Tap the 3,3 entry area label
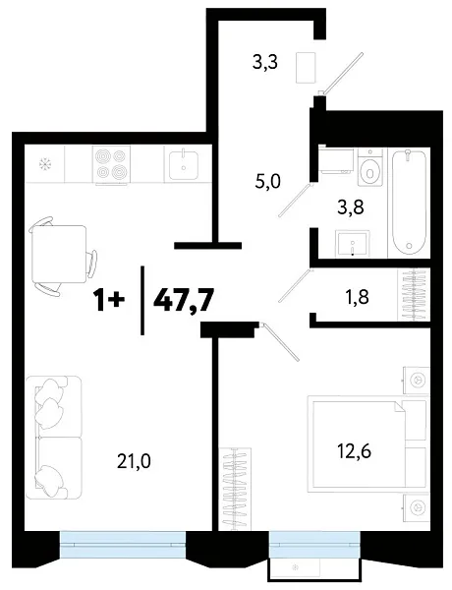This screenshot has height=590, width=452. pos(265,64)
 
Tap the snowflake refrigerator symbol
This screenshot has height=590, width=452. pos(43,163)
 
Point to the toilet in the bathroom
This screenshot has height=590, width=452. pos(369,169)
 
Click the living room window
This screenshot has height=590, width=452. pos(122,538)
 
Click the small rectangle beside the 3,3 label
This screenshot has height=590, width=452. pos(307,67)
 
